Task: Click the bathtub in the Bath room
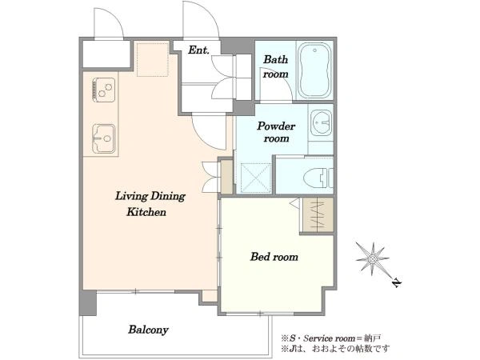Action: tap(315, 70)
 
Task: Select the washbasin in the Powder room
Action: tap(321, 123)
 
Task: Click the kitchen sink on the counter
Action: tap(104, 138)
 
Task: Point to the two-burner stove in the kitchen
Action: tap(104, 90)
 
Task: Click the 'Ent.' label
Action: tap(198, 50)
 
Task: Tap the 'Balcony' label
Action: tap(149, 330)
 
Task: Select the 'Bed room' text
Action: tap(274, 257)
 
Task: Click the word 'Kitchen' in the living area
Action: tap(146, 212)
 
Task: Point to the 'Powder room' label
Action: tap(276, 132)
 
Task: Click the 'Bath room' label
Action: tap(276, 66)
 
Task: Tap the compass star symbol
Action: tap(372, 259)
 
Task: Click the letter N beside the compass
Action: tap(397, 283)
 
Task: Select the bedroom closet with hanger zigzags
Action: tap(318, 215)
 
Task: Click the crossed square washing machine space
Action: tap(256, 178)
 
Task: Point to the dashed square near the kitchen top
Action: tap(153, 59)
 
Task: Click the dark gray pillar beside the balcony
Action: tap(88, 303)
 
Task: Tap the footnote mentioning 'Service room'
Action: tap(331, 338)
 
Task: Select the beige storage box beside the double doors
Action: tap(227, 177)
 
